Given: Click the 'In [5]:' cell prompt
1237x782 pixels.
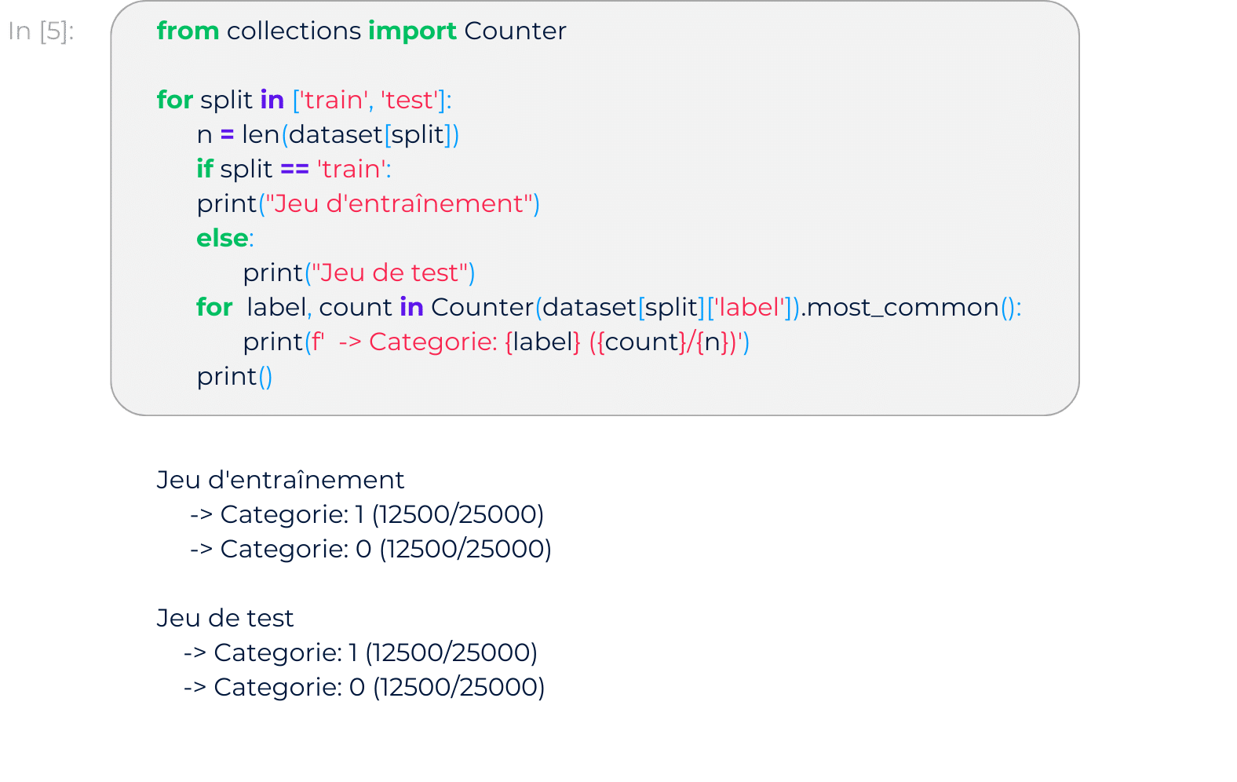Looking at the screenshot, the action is click(x=41, y=31).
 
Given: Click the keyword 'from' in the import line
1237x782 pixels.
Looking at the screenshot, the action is click(x=188, y=31).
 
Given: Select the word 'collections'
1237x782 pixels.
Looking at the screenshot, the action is click(x=294, y=31).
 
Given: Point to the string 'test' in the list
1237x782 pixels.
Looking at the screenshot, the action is click(x=409, y=100).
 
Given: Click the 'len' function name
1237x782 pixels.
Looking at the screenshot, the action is click(x=261, y=135).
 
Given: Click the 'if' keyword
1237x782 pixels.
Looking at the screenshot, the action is click(x=204, y=169).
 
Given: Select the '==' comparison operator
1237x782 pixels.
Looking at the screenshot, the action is click(x=294, y=169).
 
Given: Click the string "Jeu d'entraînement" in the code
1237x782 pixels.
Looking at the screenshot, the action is click(x=399, y=204).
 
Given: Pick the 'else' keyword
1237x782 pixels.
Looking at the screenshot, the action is click(x=222, y=238).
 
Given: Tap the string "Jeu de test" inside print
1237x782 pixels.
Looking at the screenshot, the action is click(x=390, y=272).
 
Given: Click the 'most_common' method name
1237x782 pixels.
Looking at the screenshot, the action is click(x=903, y=308).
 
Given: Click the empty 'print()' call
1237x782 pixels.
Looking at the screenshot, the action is click(x=235, y=377).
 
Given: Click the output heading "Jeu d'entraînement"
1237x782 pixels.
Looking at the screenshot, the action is click(x=280, y=480).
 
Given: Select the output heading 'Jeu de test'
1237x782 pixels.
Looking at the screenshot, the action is click(x=225, y=618).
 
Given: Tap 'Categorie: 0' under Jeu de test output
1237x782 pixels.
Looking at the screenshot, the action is click(x=290, y=688).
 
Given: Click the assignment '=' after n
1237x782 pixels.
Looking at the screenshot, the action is click(x=227, y=135).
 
